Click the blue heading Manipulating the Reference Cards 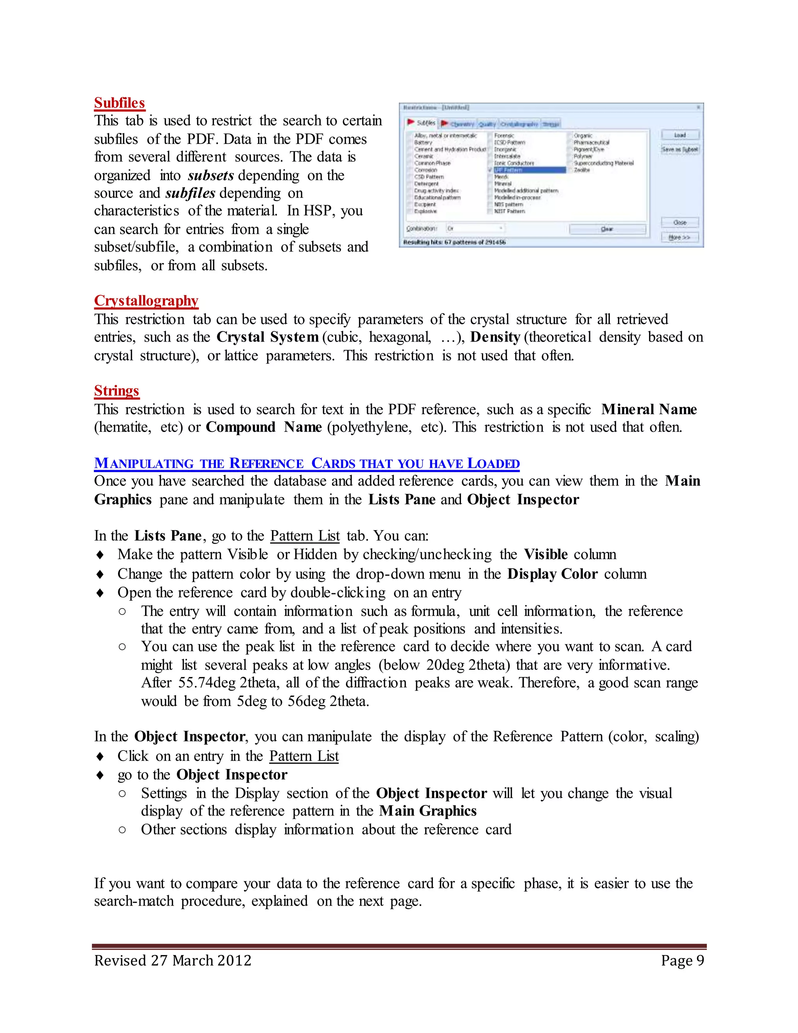point(306,463)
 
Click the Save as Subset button point(680,149)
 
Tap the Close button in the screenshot point(680,222)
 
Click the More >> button point(680,237)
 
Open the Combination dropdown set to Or point(475,228)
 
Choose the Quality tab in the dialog point(487,124)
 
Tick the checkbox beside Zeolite point(570,170)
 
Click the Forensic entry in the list point(504,136)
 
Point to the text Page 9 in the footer point(682,960)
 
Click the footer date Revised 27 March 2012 point(173,960)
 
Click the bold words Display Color point(552,574)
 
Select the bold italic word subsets point(210,175)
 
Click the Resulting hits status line point(454,242)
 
